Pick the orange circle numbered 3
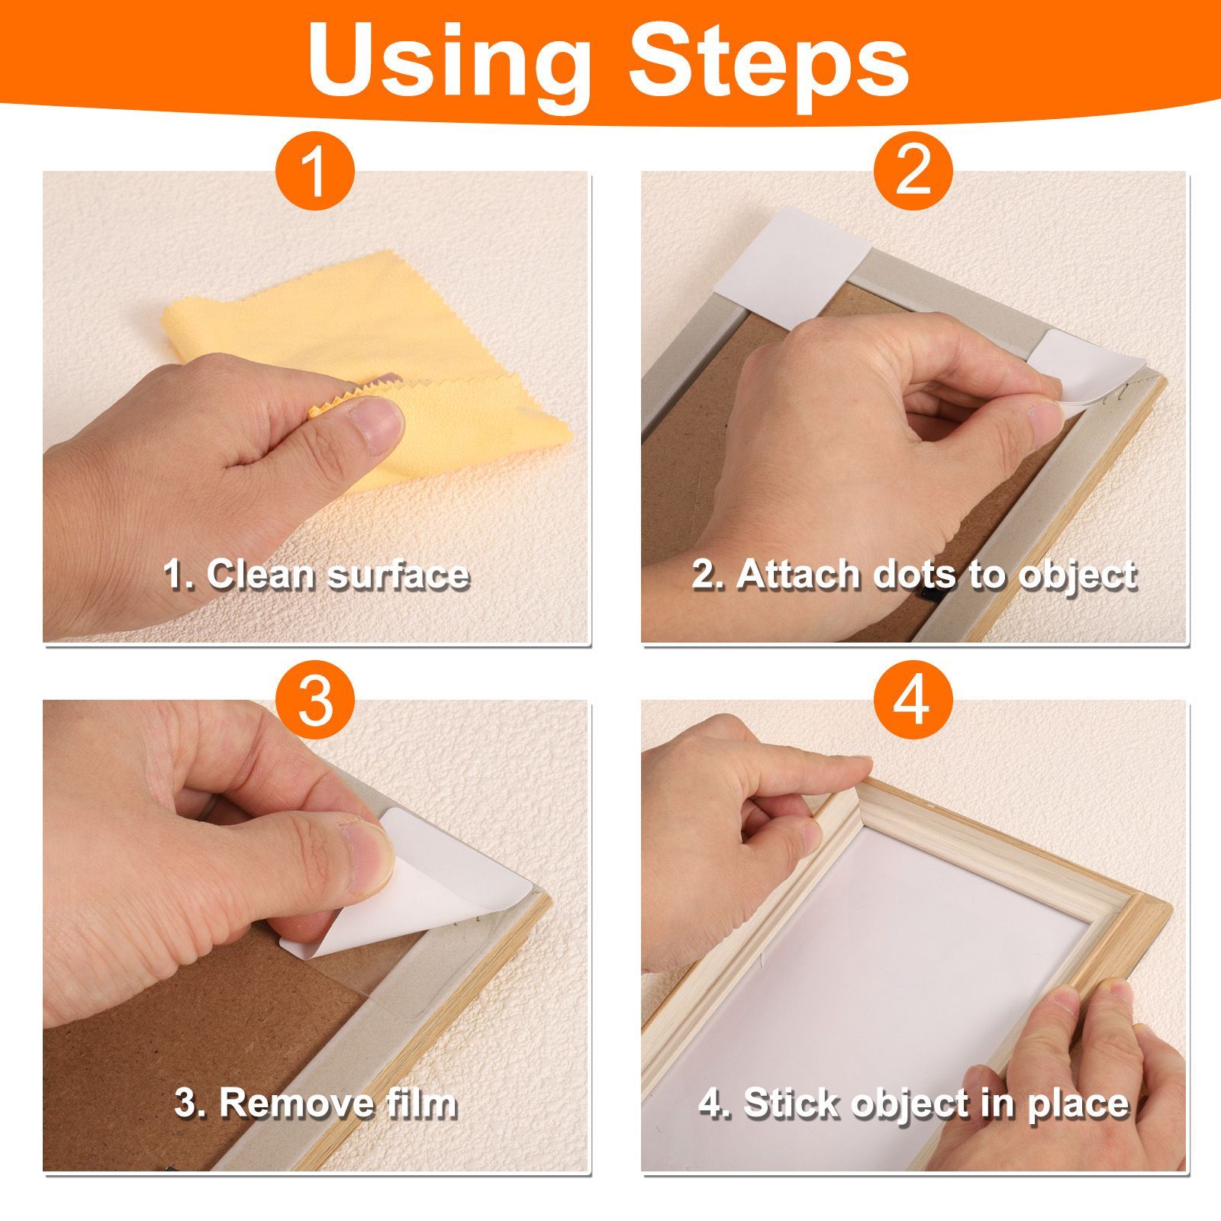(x=315, y=700)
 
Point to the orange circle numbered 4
(x=913, y=700)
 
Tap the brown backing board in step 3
(x=191, y=1038)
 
